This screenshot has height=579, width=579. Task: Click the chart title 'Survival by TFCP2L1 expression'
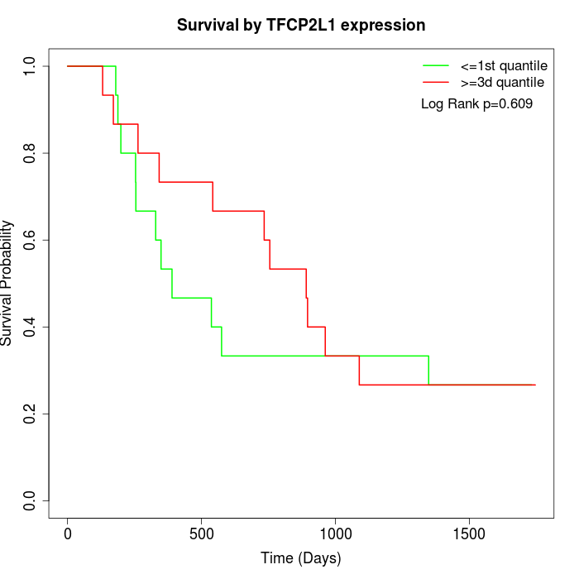[x=301, y=25]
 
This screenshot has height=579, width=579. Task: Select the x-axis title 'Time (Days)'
[x=301, y=558]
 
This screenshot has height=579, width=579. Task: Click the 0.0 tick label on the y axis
[x=31, y=500]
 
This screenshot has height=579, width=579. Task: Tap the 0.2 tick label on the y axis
[x=31, y=414]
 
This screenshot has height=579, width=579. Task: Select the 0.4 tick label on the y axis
[x=31, y=327]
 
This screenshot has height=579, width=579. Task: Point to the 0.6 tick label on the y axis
[x=31, y=240]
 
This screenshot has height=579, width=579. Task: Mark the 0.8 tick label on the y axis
[x=31, y=153]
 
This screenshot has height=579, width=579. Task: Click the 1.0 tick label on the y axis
[x=31, y=66]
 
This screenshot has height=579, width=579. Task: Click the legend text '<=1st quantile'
[x=504, y=65]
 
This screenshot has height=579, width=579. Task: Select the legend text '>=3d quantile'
[x=502, y=83]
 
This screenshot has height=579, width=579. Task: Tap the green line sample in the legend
[x=436, y=65]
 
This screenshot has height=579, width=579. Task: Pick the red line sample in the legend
[x=436, y=83]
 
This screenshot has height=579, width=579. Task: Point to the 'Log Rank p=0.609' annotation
[x=476, y=104]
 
